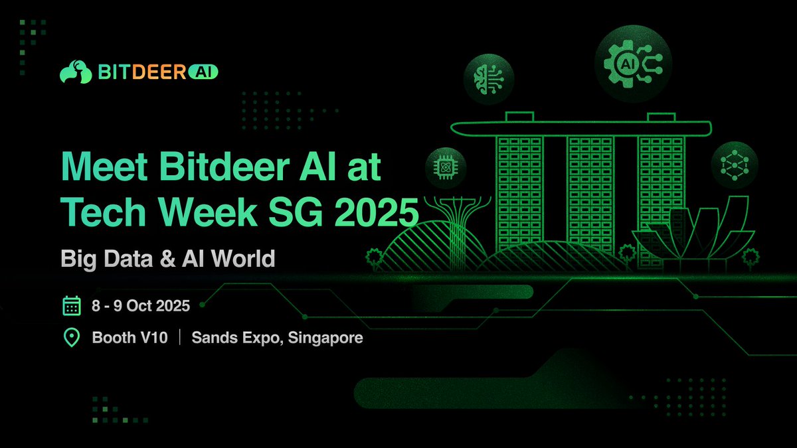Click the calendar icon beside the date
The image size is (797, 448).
71,306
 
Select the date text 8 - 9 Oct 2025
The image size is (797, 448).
141,306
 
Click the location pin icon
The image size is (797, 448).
71,338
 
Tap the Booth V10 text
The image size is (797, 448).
130,338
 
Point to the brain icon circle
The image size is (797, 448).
488,78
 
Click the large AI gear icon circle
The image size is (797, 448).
633,63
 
